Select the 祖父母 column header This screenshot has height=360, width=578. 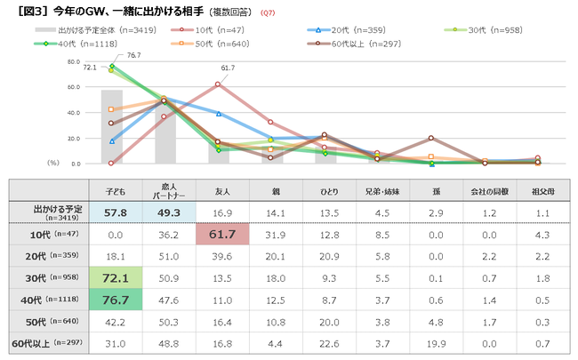click(539, 190)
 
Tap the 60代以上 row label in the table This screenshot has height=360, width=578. click(49, 342)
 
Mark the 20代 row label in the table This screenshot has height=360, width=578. click(49, 257)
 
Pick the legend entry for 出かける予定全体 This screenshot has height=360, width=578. click(84, 29)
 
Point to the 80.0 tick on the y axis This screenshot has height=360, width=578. click(74, 62)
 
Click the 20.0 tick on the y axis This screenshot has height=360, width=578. click(74, 138)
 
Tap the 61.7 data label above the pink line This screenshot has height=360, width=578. click(228, 68)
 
